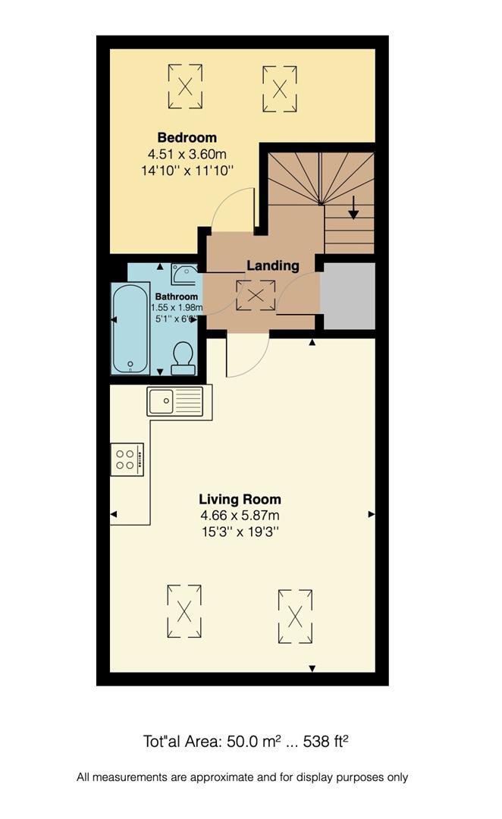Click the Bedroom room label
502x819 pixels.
[x=187, y=138]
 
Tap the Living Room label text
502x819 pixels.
[x=240, y=499]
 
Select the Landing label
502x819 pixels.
[x=273, y=265]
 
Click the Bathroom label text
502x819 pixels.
[x=177, y=297]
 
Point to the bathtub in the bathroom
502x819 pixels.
[x=130, y=328]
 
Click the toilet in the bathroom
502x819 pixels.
[x=183, y=358]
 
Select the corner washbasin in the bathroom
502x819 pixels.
[x=184, y=274]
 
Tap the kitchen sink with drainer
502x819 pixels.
[x=175, y=401]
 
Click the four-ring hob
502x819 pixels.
[x=127, y=459]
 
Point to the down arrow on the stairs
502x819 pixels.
[x=353, y=207]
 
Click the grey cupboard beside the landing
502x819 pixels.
[x=347, y=296]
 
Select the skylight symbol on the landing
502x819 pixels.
[x=256, y=295]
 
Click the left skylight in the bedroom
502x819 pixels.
[x=185, y=86]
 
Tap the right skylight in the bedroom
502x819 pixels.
[x=280, y=89]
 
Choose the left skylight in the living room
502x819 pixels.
[x=184, y=611]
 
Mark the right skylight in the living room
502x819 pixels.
[x=295, y=617]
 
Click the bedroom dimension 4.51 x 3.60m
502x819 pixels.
[x=187, y=154]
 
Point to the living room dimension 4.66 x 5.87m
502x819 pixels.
[x=240, y=516]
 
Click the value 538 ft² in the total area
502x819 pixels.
[x=326, y=741]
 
